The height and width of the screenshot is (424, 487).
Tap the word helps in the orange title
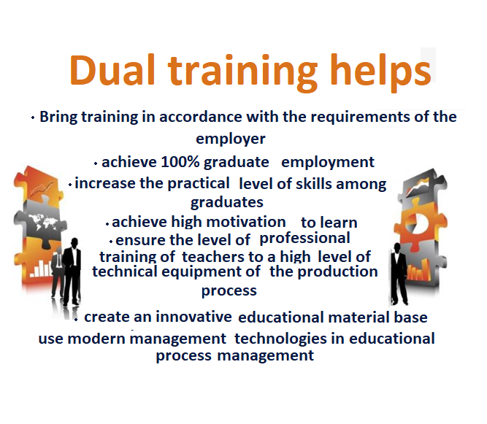pos(380,73)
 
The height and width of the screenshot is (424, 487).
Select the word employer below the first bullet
pos(231,139)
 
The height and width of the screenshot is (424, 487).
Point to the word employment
pos(328,162)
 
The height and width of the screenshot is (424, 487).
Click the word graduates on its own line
pos(227,203)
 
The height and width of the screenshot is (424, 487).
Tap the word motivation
pos(245,222)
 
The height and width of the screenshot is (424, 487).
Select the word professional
pos(304,239)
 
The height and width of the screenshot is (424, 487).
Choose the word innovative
pos(193,317)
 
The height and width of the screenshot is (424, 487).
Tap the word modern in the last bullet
pos(96,339)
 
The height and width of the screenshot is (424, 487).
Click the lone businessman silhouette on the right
pos(399,274)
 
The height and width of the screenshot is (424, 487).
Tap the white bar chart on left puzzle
pos(41,269)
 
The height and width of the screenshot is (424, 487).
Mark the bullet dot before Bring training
pos(33,117)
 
